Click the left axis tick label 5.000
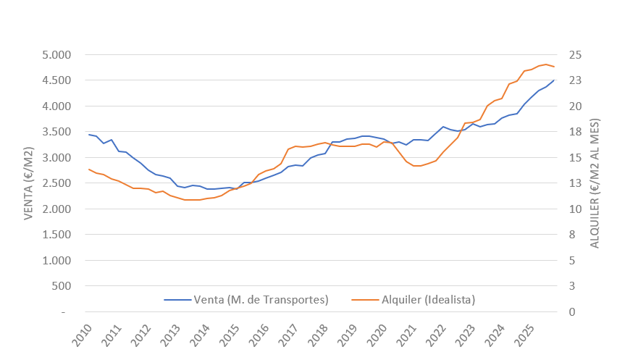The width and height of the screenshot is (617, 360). [56, 55]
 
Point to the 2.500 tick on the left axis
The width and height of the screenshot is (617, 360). [56, 183]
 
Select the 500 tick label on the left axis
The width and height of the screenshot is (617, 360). [62, 286]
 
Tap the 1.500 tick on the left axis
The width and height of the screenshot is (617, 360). [56, 235]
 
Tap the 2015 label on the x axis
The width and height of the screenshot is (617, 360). [228, 335]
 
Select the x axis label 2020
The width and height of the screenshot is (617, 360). [376, 335]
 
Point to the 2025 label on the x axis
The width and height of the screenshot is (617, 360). [523, 335]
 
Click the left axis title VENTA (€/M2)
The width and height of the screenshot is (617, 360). [29, 183]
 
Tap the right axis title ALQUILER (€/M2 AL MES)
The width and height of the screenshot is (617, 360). [595, 183]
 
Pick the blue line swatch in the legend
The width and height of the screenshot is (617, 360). [177, 299]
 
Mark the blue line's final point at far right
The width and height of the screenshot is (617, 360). [554, 80]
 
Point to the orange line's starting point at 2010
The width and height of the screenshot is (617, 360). [89, 169]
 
